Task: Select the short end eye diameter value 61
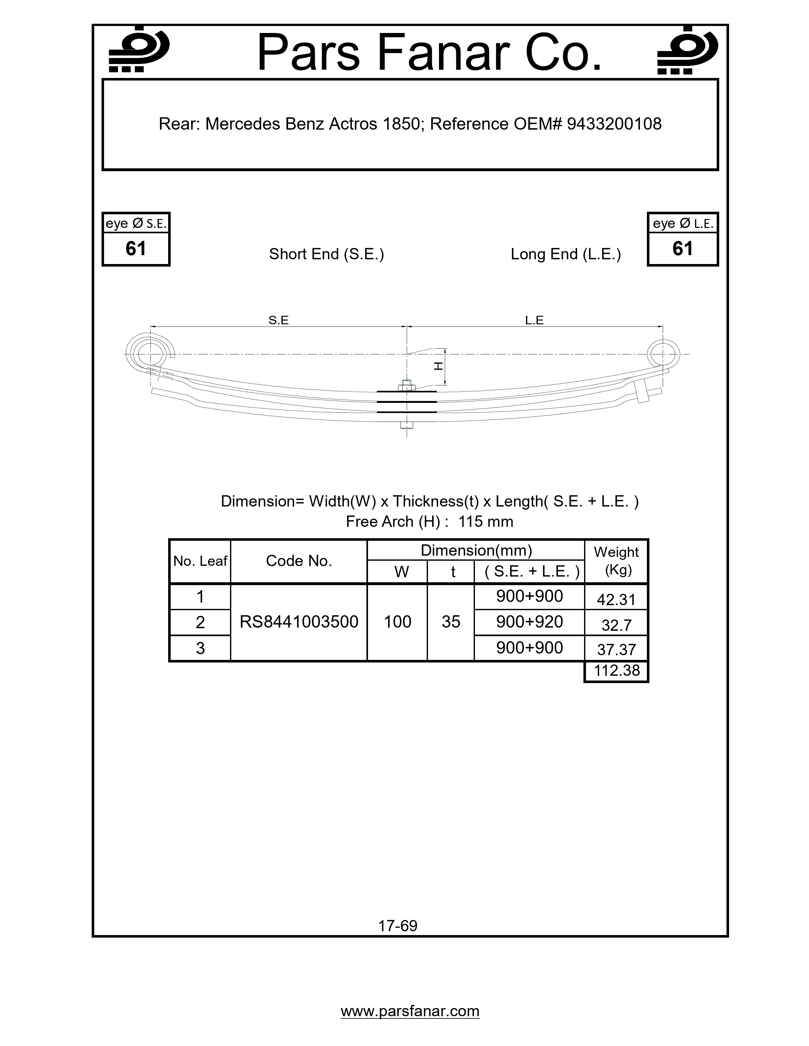tap(136, 249)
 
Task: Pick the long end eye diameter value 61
tap(682, 249)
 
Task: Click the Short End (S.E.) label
tap(326, 254)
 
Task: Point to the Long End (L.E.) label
tap(566, 254)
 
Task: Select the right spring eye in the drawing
tap(662, 354)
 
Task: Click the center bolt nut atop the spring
tap(406, 384)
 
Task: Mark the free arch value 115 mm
tap(485, 521)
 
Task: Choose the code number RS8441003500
tap(299, 622)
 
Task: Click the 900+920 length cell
tap(529, 622)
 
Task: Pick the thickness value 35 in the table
tap(451, 622)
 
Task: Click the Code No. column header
tap(299, 561)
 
